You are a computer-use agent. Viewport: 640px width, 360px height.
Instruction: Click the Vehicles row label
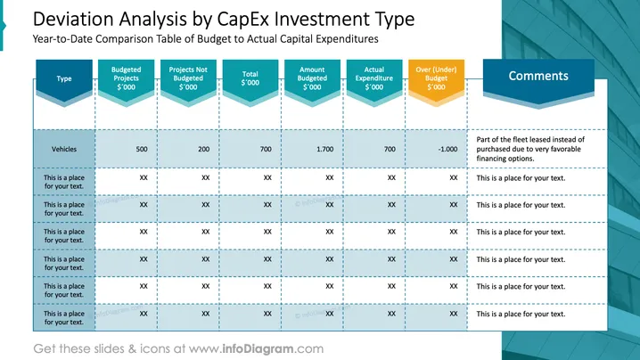coord(64,149)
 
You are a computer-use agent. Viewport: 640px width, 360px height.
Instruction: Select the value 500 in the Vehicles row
coord(142,149)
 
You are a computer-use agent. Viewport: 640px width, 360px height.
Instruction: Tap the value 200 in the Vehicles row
coord(203,149)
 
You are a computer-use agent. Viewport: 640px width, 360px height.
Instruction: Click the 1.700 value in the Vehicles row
coord(324,149)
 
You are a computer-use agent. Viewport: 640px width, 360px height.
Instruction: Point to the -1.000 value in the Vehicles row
coord(447,149)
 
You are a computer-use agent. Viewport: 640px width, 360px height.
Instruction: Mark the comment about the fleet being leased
coord(530,149)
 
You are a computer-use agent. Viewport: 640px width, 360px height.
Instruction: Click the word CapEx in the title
coord(242,20)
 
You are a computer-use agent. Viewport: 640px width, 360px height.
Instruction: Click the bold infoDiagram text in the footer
coord(258,348)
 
